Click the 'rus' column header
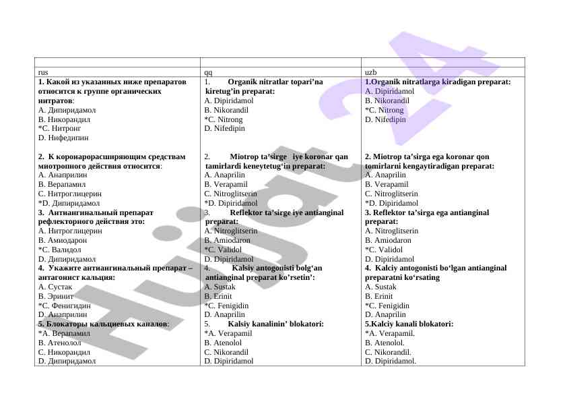(42, 71)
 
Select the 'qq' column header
(208, 71)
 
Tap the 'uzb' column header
(370, 71)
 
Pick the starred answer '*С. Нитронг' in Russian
(59, 128)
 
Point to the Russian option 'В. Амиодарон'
(63, 239)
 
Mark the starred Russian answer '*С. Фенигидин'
(65, 306)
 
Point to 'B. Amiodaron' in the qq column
(227, 239)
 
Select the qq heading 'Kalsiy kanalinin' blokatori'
(277, 324)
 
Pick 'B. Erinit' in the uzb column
(380, 296)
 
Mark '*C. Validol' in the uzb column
(384, 249)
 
